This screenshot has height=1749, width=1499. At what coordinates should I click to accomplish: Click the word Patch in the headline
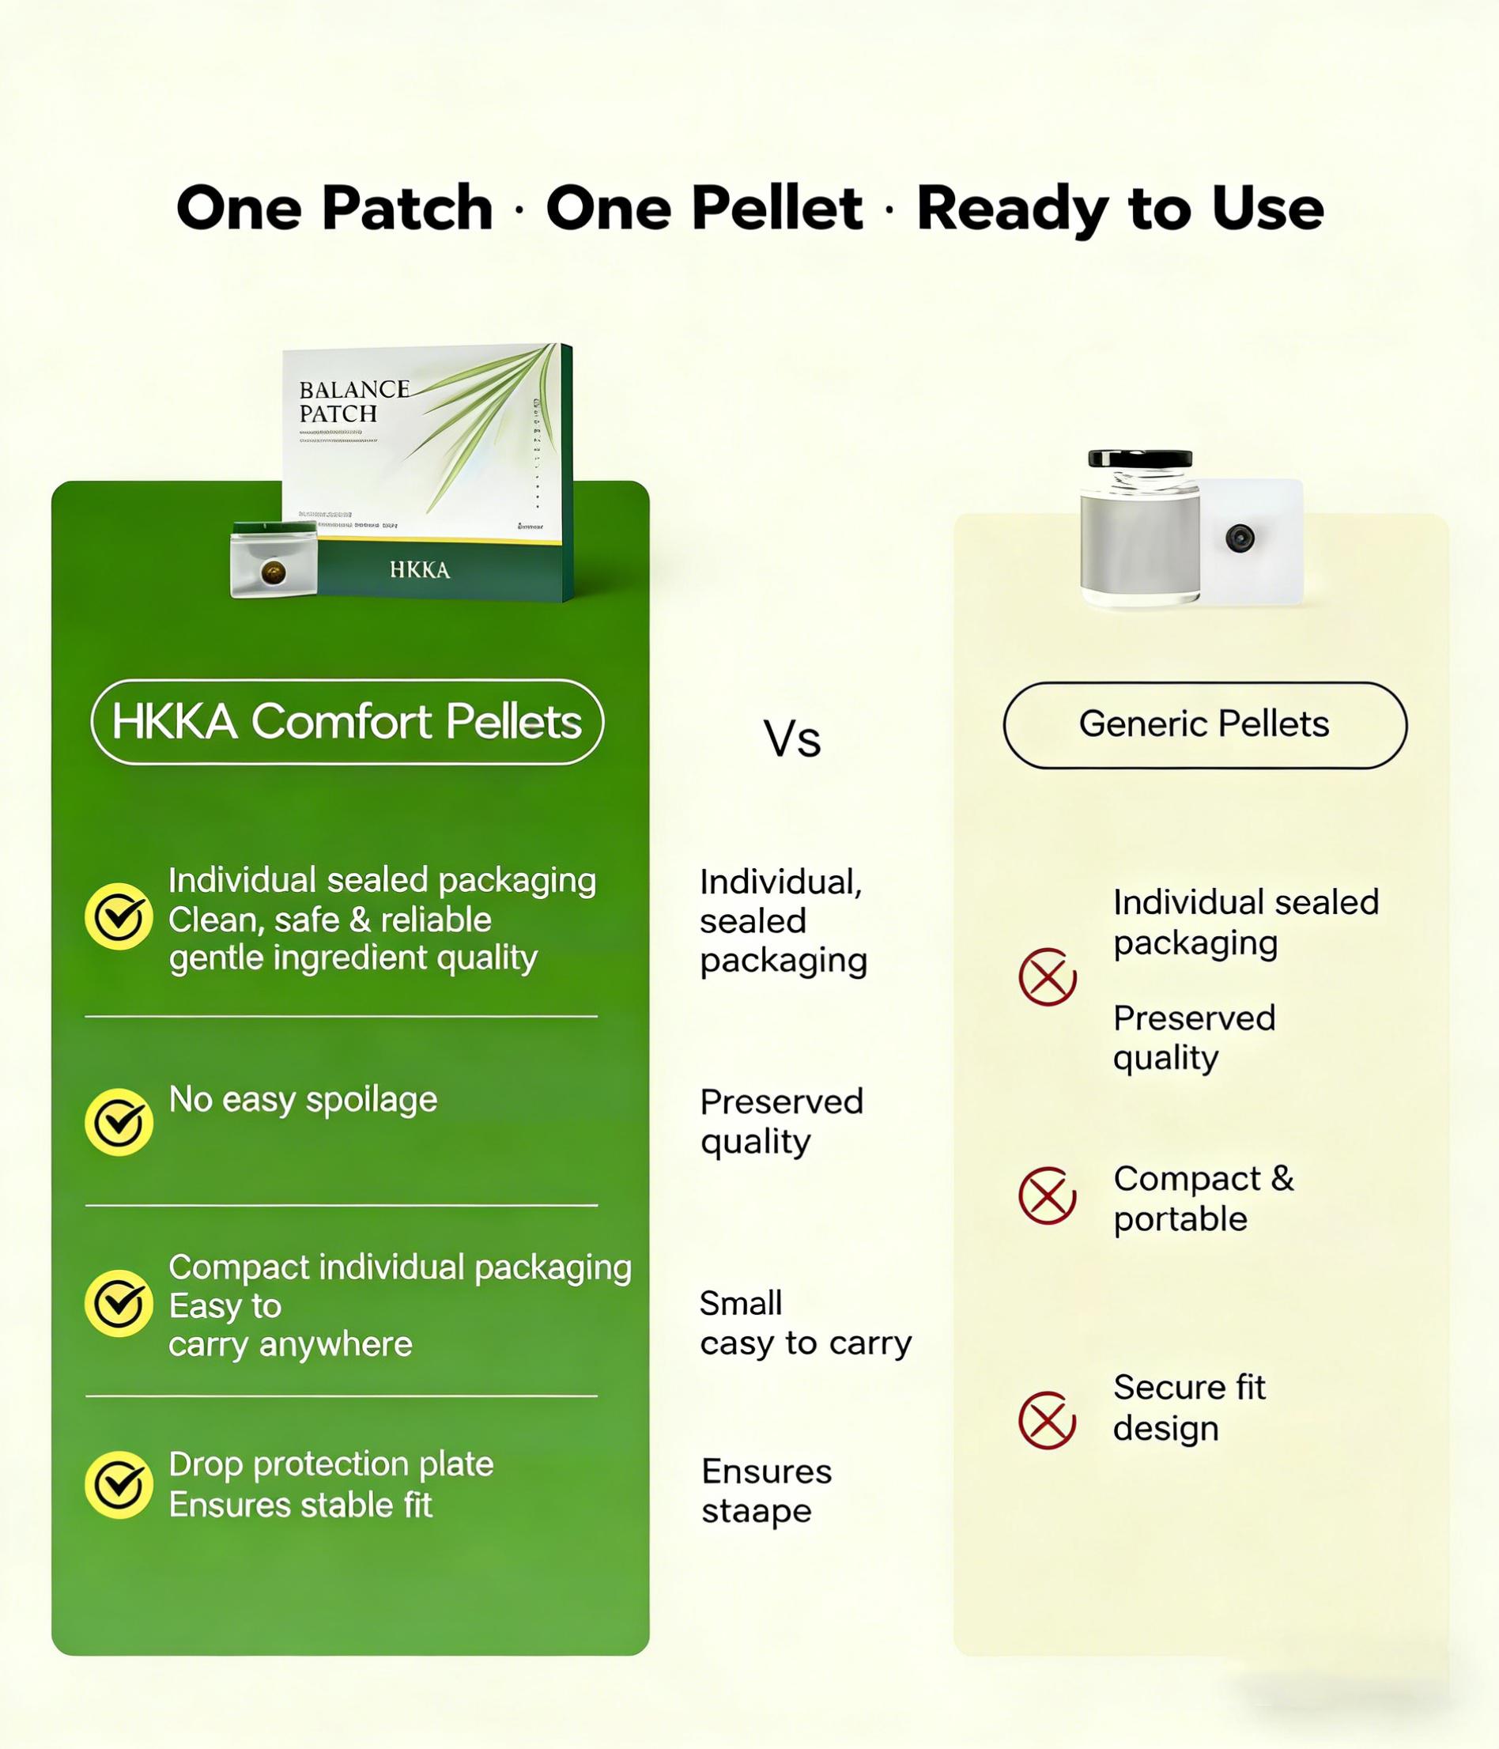(407, 209)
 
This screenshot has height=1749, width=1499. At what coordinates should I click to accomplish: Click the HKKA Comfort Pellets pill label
(347, 723)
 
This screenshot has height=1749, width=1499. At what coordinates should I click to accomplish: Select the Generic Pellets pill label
(1203, 724)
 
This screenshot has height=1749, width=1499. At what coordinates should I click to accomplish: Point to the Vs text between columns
(791, 739)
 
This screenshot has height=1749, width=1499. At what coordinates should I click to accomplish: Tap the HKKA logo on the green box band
(420, 571)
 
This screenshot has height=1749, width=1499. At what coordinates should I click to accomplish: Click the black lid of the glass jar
(1139, 459)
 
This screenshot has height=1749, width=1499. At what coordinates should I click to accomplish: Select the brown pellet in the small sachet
(273, 573)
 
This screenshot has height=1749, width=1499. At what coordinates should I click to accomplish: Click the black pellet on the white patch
(1240, 538)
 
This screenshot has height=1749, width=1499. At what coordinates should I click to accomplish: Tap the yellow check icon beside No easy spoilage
(119, 1122)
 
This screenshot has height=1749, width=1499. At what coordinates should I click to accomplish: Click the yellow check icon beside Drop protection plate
(119, 1485)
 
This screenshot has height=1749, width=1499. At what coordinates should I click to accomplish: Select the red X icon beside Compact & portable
(1047, 1196)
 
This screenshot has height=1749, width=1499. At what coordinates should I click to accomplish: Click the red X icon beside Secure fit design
(1047, 1421)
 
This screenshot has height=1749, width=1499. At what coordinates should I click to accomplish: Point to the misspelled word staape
(755, 1511)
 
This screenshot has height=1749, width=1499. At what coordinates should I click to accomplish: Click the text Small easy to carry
(804, 1324)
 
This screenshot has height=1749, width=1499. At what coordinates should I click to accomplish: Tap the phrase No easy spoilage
(303, 1100)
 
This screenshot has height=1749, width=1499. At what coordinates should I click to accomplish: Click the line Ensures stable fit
(300, 1505)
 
